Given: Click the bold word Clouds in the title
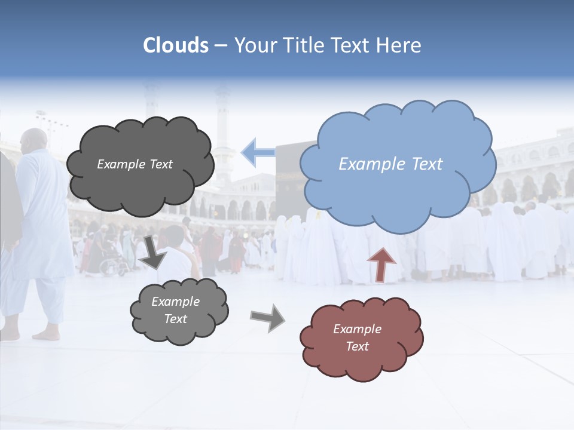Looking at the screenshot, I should point(176,45).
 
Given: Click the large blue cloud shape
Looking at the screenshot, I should point(398,191).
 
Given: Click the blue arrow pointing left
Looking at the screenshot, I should point(258,152).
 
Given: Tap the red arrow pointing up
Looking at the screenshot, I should point(381,263).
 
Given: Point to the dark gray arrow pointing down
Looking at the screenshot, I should point(154,251).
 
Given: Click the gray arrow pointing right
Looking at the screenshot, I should point(267,318).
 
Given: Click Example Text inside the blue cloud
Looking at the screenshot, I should point(390,164).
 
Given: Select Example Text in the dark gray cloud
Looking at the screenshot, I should point(135,164).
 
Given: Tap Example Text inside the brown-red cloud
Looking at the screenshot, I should point(357,337).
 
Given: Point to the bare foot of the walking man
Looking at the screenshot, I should point(47,336).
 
